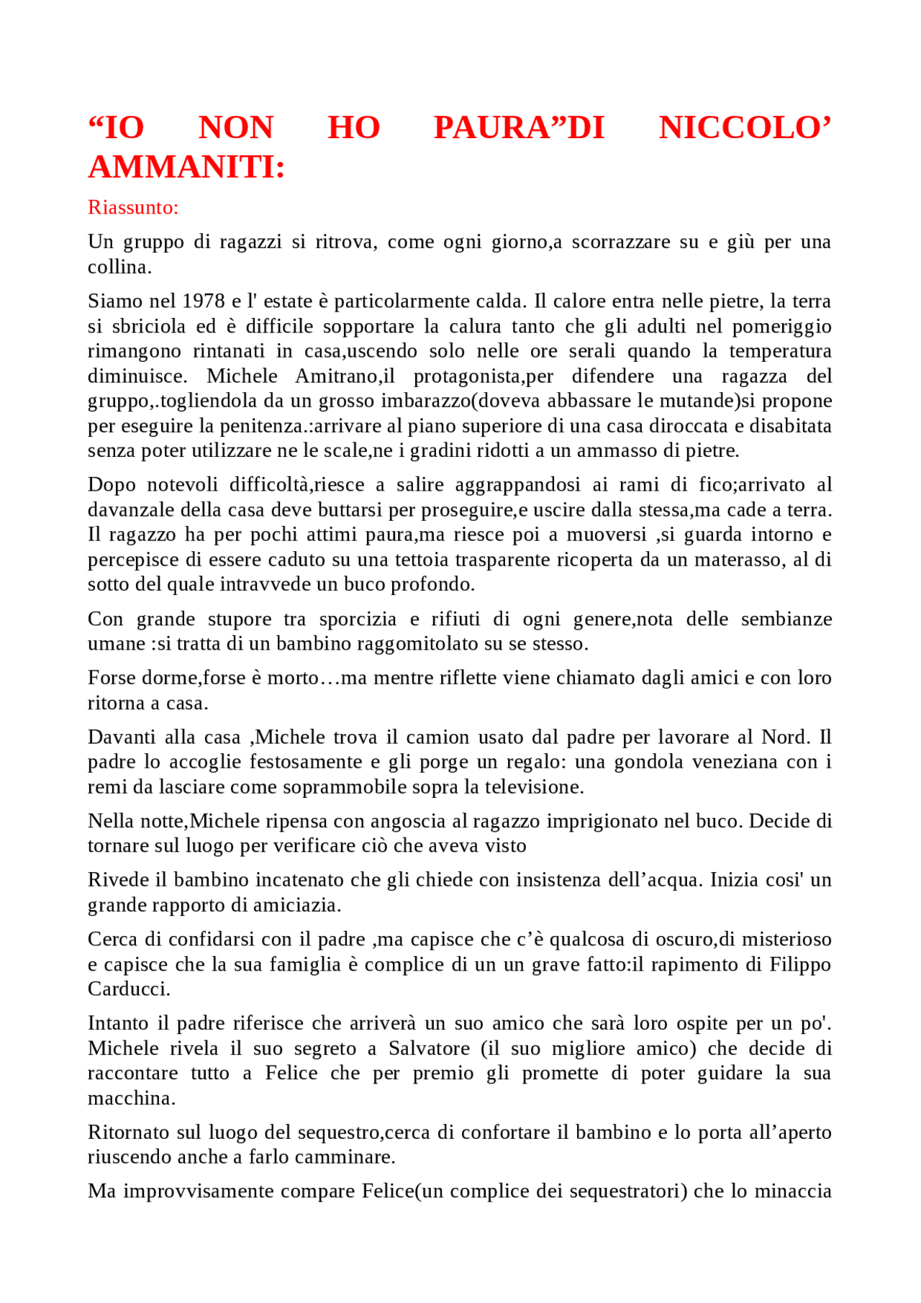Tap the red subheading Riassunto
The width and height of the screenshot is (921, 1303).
click(132, 207)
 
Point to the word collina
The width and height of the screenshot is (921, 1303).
click(119, 267)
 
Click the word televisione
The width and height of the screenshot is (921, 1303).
click(533, 786)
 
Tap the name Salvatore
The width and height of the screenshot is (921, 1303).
click(429, 1048)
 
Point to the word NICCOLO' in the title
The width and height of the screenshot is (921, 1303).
click(745, 128)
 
